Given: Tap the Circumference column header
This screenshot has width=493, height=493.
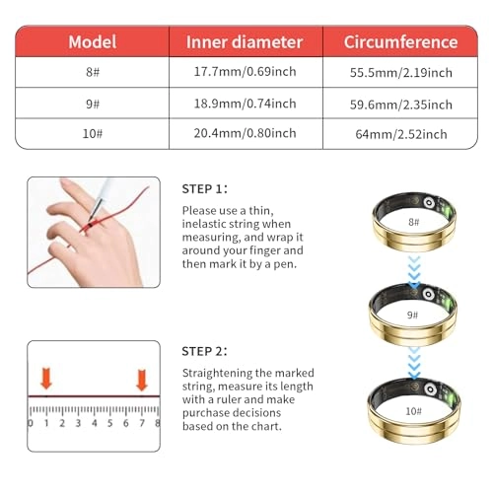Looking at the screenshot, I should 400,42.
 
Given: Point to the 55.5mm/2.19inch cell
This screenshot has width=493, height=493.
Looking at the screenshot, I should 400,73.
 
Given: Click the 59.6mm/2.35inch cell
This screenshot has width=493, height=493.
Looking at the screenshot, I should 400,104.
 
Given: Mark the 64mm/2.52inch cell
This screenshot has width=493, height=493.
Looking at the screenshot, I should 400,133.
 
